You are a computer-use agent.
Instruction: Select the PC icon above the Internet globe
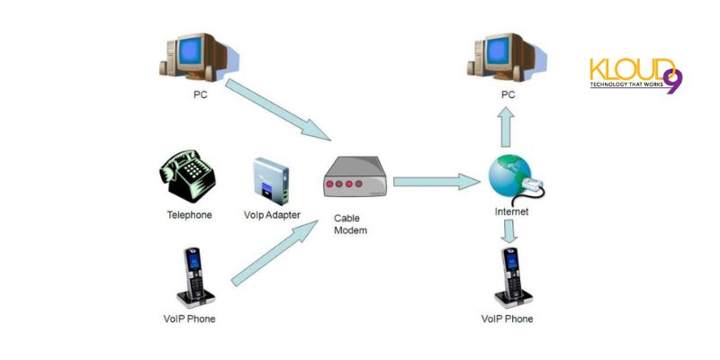click(508, 57)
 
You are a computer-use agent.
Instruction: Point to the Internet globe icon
click(514, 181)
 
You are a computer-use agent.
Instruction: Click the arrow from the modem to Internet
click(436, 181)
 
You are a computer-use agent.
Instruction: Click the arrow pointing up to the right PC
click(508, 126)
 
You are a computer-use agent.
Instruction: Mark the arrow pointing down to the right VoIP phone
click(510, 230)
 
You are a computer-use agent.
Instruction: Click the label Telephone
click(189, 215)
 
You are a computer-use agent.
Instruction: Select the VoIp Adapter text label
click(272, 215)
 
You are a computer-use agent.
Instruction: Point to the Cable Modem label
click(350, 224)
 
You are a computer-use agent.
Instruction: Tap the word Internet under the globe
click(512, 212)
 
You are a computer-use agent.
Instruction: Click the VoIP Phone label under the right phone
click(508, 319)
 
